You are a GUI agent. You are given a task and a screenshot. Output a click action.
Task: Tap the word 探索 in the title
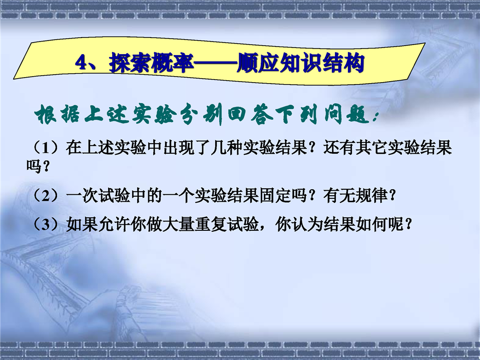(x=131, y=64)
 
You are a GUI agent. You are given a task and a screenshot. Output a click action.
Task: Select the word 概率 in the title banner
(x=173, y=64)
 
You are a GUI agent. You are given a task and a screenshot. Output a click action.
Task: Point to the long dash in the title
(x=216, y=64)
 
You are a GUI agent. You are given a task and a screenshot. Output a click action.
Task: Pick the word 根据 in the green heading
(x=57, y=115)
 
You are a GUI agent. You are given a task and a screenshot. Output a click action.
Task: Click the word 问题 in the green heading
(x=346, y=115)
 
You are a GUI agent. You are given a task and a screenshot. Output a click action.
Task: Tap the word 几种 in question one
(x=227, y=148)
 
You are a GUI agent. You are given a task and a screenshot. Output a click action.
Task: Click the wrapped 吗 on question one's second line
(x=34, y=166)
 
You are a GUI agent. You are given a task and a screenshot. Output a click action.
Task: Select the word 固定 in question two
(x=275, y=195)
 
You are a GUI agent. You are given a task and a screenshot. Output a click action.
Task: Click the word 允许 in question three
(x=115, y=224)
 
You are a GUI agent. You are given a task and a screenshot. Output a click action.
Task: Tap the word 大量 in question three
(x=179, y=224)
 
